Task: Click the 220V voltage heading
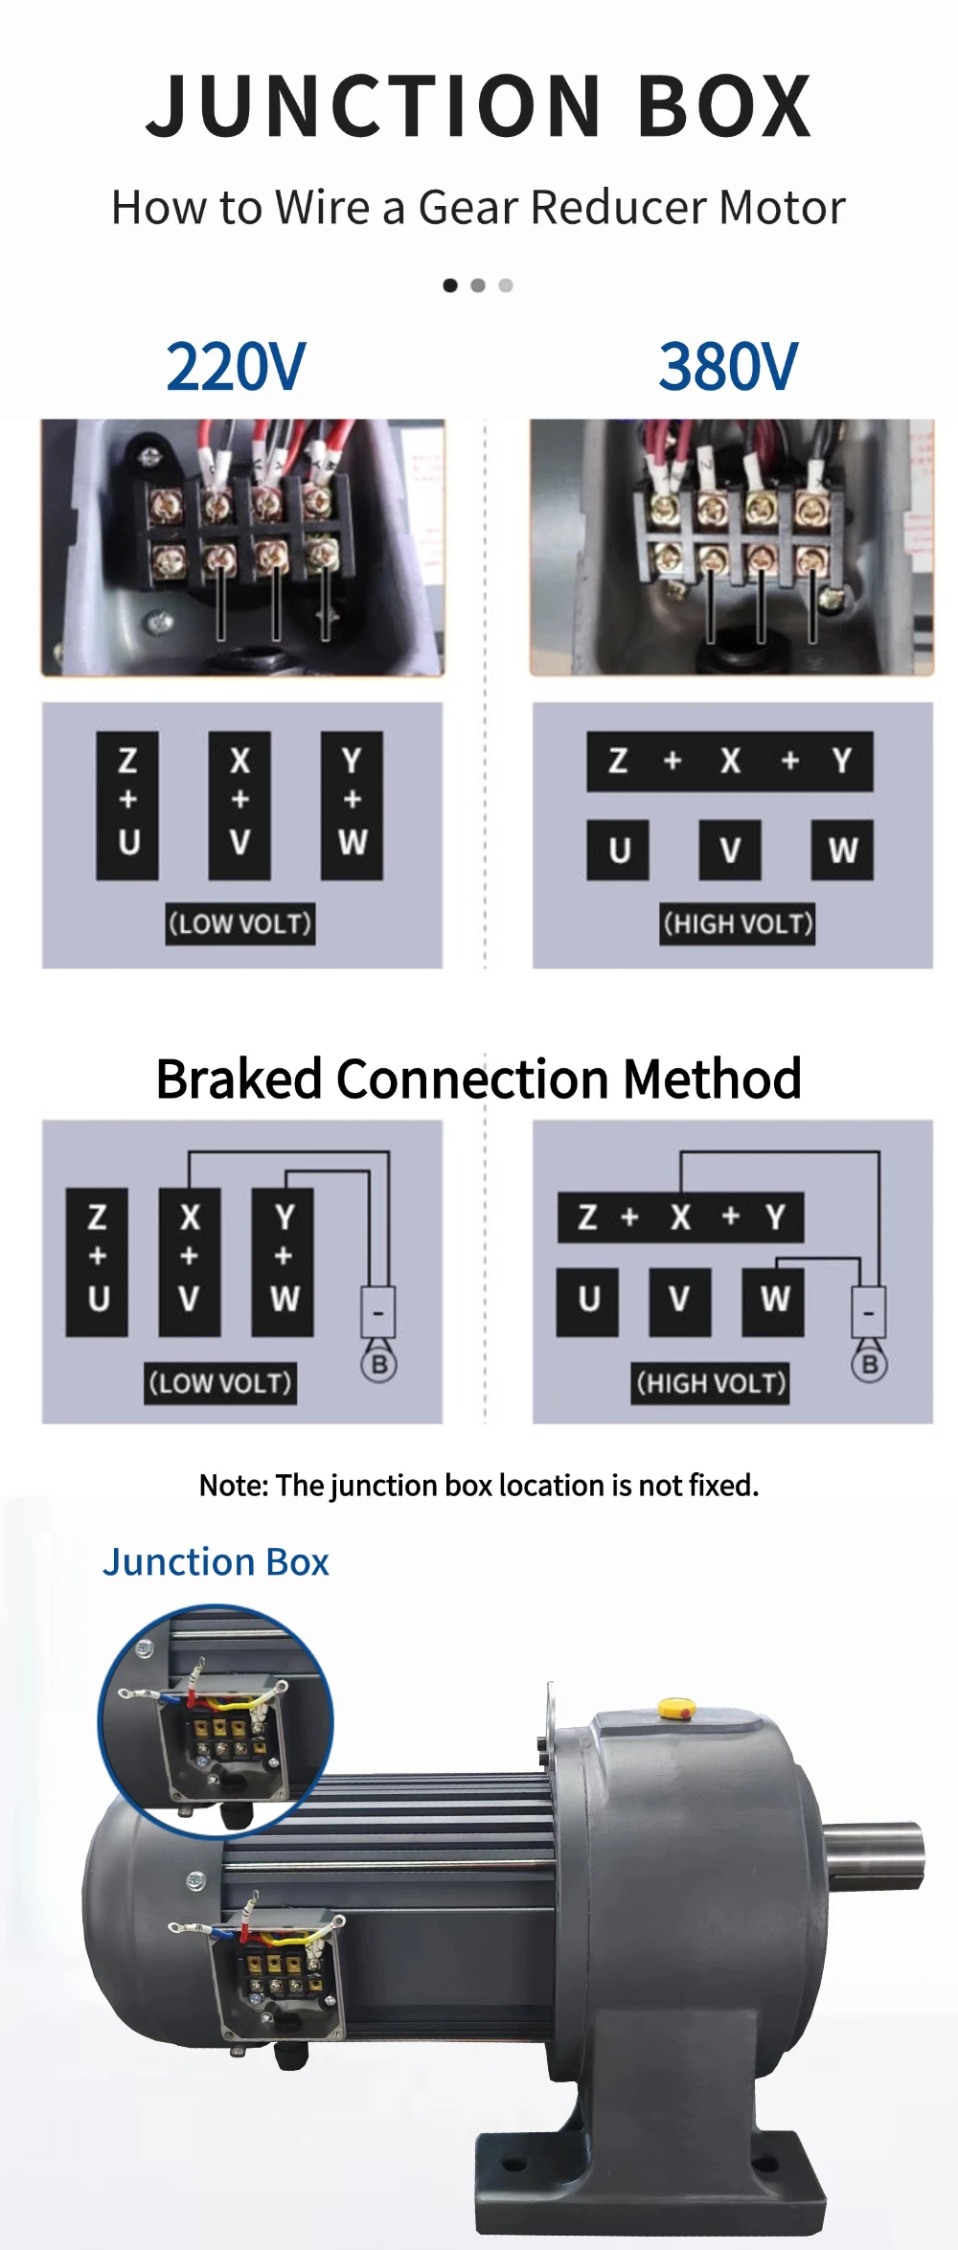(x=236, y=367)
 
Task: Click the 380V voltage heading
(x=728, y=367)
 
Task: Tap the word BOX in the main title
(x=725, y=106)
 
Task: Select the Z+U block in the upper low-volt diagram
(x=127, y=806)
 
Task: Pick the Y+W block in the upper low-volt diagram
(x=352, y=806)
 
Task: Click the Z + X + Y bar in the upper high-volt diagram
(x=730, y=761)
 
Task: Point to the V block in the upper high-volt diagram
(x=730, y=850)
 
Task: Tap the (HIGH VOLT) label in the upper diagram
(x=738, y=924)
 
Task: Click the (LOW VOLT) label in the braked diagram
(x=220, y=1383)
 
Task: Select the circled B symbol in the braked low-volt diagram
(x=379, y=1364)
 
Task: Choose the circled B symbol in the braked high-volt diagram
(x=870, y=1364)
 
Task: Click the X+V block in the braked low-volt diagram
(x=189, y=1262)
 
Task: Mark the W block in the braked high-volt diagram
(x=774, y=1300)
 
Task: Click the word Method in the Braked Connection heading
(x=712, y=1080)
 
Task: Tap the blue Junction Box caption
(x=217, y=1562)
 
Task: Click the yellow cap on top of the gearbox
(x=676, y=1708)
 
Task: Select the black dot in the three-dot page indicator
(x=450, y=285)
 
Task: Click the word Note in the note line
(x=233, y=1486)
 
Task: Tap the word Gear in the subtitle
(x=468, y=207)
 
